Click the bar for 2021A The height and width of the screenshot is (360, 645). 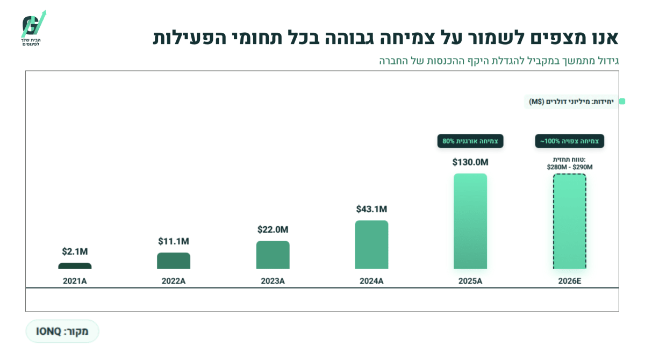[75, 266]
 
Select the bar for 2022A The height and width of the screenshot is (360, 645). [174, 261]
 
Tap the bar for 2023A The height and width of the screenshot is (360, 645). [273, 255]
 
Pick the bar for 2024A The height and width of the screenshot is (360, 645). [371, 244]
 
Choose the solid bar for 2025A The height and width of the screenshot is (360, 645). [470, 221]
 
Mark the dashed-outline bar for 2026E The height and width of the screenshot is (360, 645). [570, 221]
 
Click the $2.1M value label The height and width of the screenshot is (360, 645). [75, 251]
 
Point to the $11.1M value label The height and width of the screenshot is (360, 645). [174, 241]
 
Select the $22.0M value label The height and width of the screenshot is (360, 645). [273, 229]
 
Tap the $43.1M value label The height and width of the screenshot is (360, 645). [371, 209]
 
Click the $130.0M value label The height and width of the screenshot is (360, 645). [470, 162]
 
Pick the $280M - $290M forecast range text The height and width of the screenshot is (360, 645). [570, 167]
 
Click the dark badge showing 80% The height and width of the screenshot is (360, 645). [470, 141]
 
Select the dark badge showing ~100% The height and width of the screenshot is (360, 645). [570, 141]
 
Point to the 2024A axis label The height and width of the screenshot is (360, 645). [371, 281]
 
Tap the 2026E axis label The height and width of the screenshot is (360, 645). [570, 281]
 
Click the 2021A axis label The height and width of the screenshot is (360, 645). [75, 281]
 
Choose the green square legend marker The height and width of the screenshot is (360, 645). [622, 102]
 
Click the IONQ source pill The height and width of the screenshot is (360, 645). [62, 331]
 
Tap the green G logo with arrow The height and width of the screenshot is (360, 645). [34, 25]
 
